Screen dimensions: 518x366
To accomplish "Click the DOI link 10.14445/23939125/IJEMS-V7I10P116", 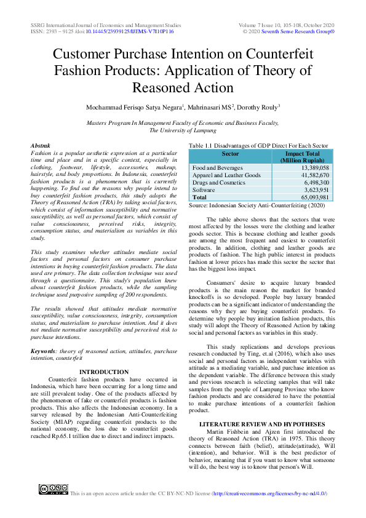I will (129, 30).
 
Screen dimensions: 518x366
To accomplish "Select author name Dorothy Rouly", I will (256, 106).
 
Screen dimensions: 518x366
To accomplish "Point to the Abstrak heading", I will (41, 145).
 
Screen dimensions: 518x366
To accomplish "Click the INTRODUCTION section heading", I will (105, 372).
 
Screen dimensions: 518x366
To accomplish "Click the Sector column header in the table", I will (230, 154).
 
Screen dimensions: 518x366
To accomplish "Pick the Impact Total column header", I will (302, 157).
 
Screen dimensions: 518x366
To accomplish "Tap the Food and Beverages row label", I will (218, 167).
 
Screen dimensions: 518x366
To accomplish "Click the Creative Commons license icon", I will (53, 490).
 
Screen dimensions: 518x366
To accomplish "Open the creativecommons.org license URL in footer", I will (269, 493).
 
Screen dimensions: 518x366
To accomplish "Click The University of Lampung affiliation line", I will (183, 130).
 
